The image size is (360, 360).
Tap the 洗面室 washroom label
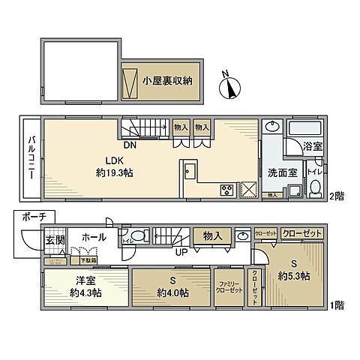point(281,172)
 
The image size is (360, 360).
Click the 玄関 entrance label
point(55,240)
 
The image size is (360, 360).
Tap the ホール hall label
point(94,238)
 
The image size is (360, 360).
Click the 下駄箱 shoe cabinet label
point(88,259)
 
